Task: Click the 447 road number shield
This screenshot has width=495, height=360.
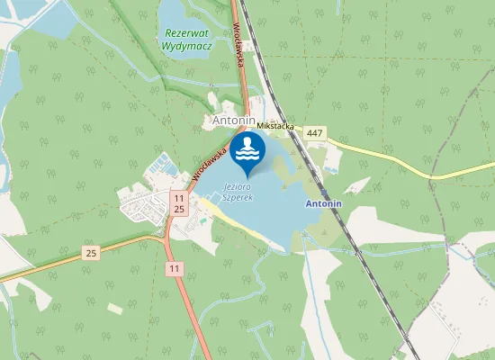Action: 314,133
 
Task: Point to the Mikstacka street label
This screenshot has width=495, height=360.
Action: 274,128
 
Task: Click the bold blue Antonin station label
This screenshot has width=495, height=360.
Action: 324,204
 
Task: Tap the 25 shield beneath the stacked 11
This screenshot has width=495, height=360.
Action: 180,209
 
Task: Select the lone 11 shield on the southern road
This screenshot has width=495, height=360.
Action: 174,268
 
